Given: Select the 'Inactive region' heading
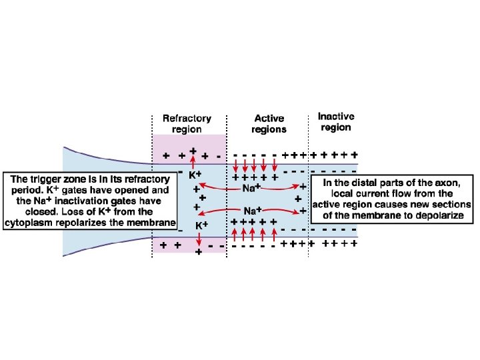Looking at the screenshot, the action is click(x=335, y=121).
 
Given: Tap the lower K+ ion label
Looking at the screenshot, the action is click(x=203, y=225).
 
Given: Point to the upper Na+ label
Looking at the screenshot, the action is click(x=251, y=189).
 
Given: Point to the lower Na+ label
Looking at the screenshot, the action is click(x=251, y=211).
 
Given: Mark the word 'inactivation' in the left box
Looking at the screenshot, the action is click(x=86, y=201).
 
